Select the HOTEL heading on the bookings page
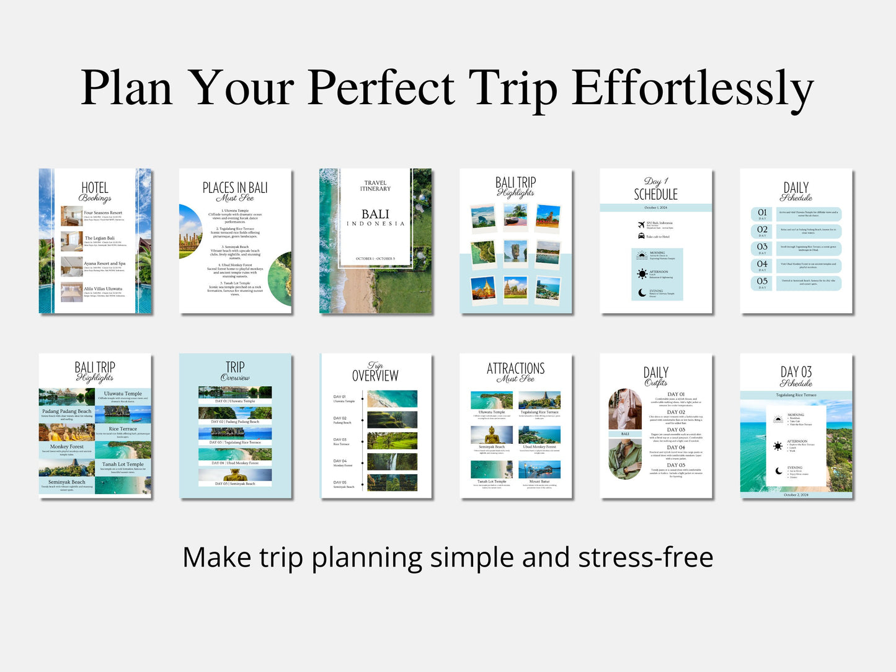pyautogui.click(x=95, y=188)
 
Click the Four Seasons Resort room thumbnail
pyautogui.click(x=71, y=216)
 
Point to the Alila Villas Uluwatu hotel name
pyautogui.click(x=104, y=289)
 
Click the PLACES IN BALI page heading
pyautogui.click(x=235, y=188)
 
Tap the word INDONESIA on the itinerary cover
pyautogui.click(x=375, y=224)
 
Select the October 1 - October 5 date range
pyautogui.click(x=375, y=259)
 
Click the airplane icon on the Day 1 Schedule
pyautogui.click(x=641, y=224)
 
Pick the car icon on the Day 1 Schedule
pyautogui.click(x=641, y=236)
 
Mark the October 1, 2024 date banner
pyautogui.click(x=655, y=208)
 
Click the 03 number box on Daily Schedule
pyautogui.click(x=762, y=247)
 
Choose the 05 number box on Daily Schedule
pyautogui.click(x=762, y=282)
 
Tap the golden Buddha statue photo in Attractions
pyautogui.click(x=492, y=435)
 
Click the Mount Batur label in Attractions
pyautogui.click(x=539, y=481)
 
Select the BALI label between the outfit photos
pyautogui.click(x=625, y=434)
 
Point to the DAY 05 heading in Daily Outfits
pyautogui.click(x=676, y=465)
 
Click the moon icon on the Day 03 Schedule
pyautogui.click(x=778, y=471)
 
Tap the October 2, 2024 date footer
pyautogui.click(x=796, y=495)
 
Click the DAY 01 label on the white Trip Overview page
pyautogui.click(x=340, y=397)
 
